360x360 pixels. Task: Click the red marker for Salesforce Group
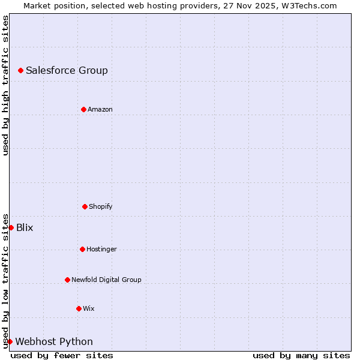[20, 71]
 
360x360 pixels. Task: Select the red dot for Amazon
[84, 109]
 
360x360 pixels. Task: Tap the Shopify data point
[85, 206]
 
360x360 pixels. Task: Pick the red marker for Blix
[11, 227]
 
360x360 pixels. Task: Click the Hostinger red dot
[82, 249]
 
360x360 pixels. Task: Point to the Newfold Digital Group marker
[67, 280]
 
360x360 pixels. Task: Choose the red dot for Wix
[79, 308]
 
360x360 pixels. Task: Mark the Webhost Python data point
[10, 341]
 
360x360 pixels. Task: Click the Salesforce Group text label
[67, 71]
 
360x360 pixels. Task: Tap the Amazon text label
[100, 109]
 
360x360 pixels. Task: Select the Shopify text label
[101, 206]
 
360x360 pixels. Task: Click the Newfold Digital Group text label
[106, 280]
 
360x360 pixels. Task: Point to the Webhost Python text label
[54, 341]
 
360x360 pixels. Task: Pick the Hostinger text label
[101, 249]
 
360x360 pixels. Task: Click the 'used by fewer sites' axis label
[62, 355]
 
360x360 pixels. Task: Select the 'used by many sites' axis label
[301, 355]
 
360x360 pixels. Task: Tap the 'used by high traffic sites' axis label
[5, 85]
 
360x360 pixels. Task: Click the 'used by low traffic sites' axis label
[5, 281]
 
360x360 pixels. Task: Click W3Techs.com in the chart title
[310, 5]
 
